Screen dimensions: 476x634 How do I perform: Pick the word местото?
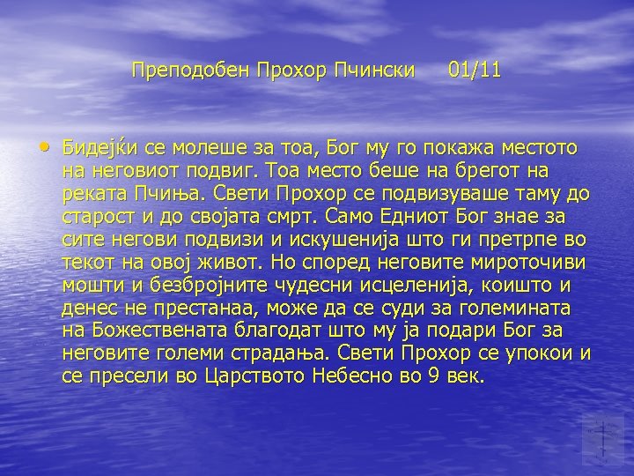tap(545, 147)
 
